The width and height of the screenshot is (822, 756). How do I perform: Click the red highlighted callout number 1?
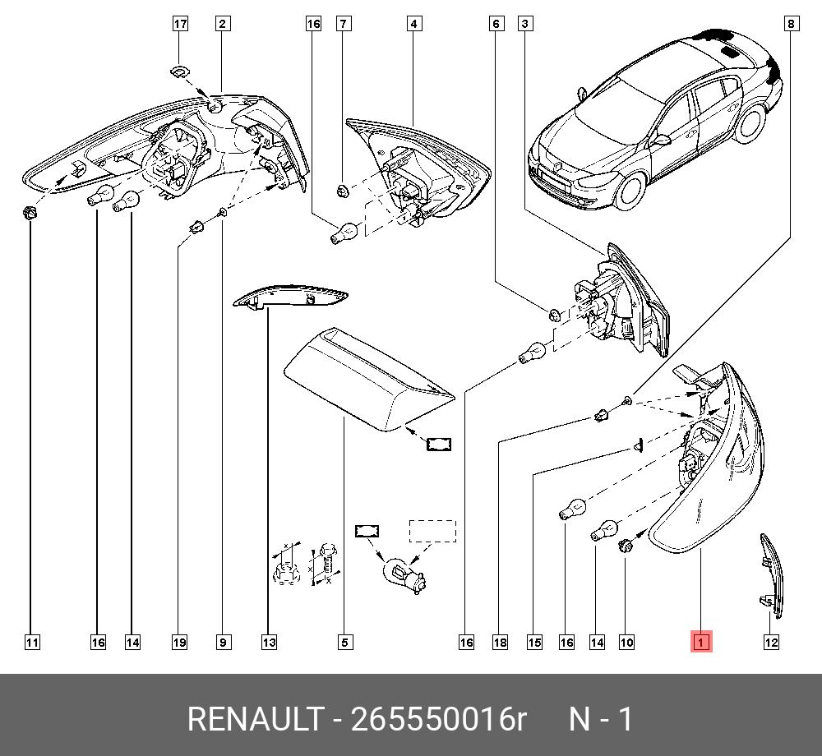(x=700, y=642)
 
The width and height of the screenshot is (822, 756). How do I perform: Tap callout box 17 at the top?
(x=180, y=24)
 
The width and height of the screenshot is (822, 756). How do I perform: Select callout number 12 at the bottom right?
(x=771, y=642)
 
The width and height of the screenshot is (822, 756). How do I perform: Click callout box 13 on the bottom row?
(x=269, y=642)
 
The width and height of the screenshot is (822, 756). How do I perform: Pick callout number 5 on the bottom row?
(x=345, y=642)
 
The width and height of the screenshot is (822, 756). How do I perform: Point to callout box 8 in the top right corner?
(x=791, y=24)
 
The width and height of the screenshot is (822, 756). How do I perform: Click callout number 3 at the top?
(x=524, y=24)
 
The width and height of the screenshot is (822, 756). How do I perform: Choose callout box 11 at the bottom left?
(x=31, y=642)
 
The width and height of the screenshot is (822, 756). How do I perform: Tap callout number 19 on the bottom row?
(x=179, y=642)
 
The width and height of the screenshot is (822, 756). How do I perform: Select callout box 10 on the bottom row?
(x=626, y=642)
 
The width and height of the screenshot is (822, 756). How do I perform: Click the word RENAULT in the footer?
(x=255, y=720)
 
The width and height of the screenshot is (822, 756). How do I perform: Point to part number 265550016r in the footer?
(x=438, y=720)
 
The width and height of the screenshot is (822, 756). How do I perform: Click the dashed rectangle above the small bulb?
(x=432, y=531)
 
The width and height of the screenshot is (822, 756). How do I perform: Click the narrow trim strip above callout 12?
(x=769, y=571)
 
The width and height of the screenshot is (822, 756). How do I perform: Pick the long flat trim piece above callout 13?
(x=290, y=297)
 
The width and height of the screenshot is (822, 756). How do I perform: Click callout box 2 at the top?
(x=222, y=24)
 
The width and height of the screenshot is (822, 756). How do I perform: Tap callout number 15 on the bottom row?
(x=535, y=642)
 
